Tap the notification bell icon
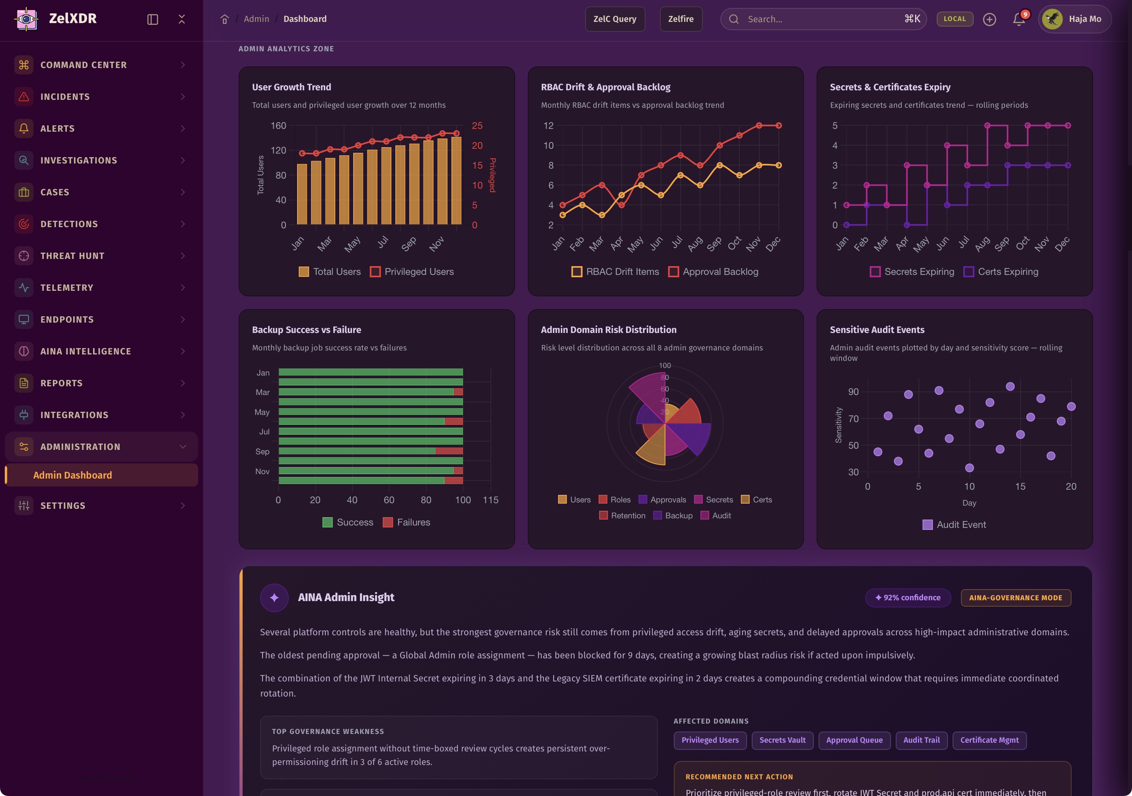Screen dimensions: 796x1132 pyautogui.click(x=1018, y=19)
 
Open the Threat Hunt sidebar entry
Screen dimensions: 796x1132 pyautogui.click(x=72, y=256)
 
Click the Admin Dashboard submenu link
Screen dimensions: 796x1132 pyautogui.click(x=72, y=475)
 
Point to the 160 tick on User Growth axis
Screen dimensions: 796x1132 pyautogui.click(x=278, y=126)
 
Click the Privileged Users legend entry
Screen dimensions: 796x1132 pyautogui.click(x=412, y=272)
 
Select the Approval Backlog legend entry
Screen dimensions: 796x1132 pyautogui.click(x=714, y=272)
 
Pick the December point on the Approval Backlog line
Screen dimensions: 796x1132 pyautogui.click(x=778, y=126)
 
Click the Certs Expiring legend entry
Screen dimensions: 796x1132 pyautogui.click(x=1001, y=272)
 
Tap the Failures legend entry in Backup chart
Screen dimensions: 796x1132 pyautogui.click(x=407, y=522)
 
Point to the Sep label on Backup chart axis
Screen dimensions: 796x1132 pyautogui.click(x=262, y=451)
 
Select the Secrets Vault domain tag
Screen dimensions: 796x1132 pyautogui.click(x=782, y=740)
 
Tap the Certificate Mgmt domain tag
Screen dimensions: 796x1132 pyautogui.click(x=989, y=740)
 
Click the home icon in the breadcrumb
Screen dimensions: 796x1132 pyautogui.click(x=224, y=19)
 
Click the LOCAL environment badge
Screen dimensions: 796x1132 pyautogui.click(x=955, y=19)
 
